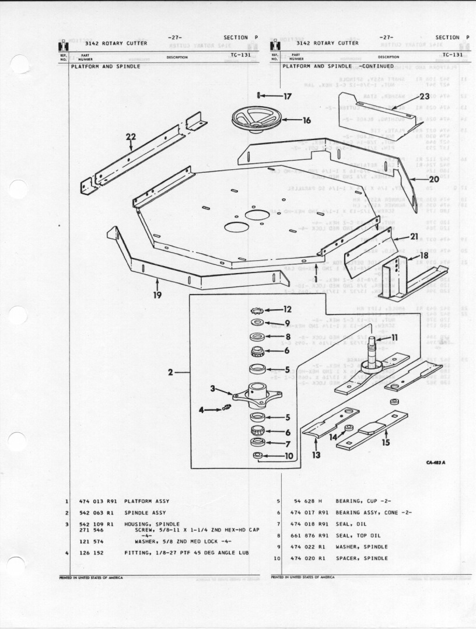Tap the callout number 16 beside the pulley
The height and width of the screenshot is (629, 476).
click(x=307, y=121)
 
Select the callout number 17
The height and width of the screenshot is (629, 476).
click(x=287, y=96)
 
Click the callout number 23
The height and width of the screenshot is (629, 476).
click(x=424, y=96)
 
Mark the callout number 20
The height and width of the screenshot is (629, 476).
click(x=433, y=179)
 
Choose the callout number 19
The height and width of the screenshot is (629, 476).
click(x=157, y=295)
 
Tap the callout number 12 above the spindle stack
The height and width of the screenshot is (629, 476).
click(x=287, y=309)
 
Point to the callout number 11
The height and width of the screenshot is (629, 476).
click(x=395, y=337)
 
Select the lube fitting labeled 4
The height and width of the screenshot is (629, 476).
click(x=220, y=410)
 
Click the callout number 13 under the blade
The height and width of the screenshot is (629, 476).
click(x=316, y=455)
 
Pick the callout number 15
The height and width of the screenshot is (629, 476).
click(x=386, y=442)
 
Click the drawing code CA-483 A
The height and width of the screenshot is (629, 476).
click(x=435, y=463)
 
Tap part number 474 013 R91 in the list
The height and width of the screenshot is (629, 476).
click(x=98, y=501)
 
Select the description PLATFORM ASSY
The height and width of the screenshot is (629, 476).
click(x=146, y=501)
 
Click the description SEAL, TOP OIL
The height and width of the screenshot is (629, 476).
click(x=358, y=536)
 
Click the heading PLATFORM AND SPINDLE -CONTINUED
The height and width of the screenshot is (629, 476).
click(x=338, y=67)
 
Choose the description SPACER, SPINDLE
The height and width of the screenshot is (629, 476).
click(x=361, y=558)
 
